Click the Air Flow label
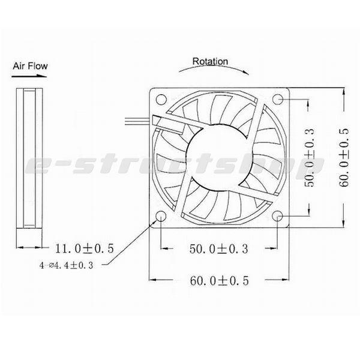(x=30, y=66)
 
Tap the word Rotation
(x=210, y=61)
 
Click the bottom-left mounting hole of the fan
(x=161, y=217)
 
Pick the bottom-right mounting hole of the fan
(x=279, y=217)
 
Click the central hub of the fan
(x=220, y=158)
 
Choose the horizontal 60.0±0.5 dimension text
(x=220, y=280)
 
